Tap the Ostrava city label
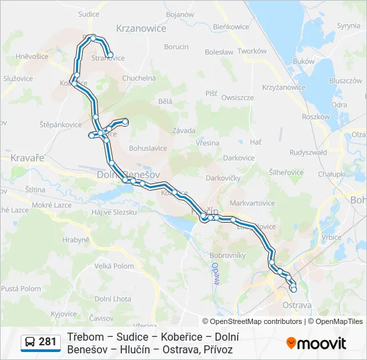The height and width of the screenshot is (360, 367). [x=297, y=305]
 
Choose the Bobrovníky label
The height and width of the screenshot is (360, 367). [x=228, y=255]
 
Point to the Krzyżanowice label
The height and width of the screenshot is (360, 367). [x=284, y=87]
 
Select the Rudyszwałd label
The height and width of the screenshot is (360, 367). [x=308, y=152]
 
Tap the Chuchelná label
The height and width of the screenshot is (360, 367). [x=139, y=78]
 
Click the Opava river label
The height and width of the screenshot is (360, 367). [x=216, y=273]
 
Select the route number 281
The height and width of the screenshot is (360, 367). [x=47, y=342]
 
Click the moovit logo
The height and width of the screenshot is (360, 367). [x=316, y=343]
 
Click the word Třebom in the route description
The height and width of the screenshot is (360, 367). [x=84, y=337]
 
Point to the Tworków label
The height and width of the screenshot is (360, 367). [x=252, y=51]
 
